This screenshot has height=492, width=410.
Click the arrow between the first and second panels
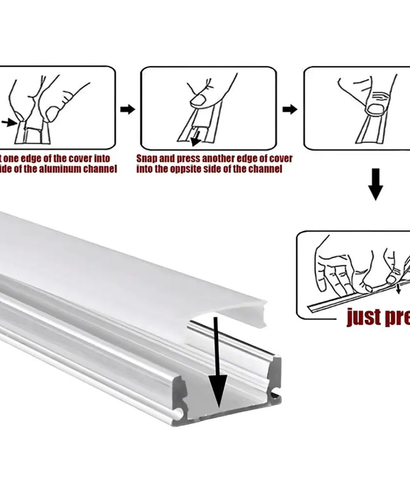coord(128,109)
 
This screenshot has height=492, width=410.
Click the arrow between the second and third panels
coord(290,109)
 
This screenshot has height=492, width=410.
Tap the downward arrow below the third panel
coord(376,184)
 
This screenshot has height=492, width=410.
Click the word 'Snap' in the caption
coord(147,158)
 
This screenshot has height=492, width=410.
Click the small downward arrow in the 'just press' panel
coord(399,290)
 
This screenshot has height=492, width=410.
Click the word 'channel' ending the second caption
coord(266,169)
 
